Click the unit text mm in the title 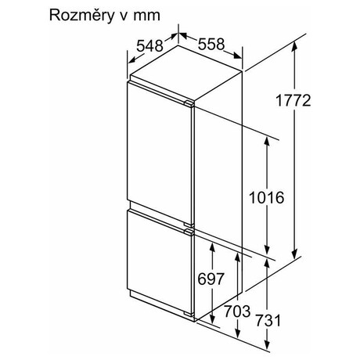click(146, 16)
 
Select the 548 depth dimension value click(149, 46)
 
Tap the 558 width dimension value click(211, 44)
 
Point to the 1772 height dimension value click(293, 100)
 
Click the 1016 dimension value click(267, 197)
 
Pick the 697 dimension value click(211, 279)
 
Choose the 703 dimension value click(237, 311)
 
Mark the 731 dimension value click(268, 320)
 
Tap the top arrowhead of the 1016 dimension click(267, 140)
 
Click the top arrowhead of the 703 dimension click(237, 256)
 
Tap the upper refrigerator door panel click(160, 154)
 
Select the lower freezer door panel click(160, 261)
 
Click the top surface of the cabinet click(185, 73)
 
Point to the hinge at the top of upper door click(189, 103)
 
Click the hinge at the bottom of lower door click(189, 314)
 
